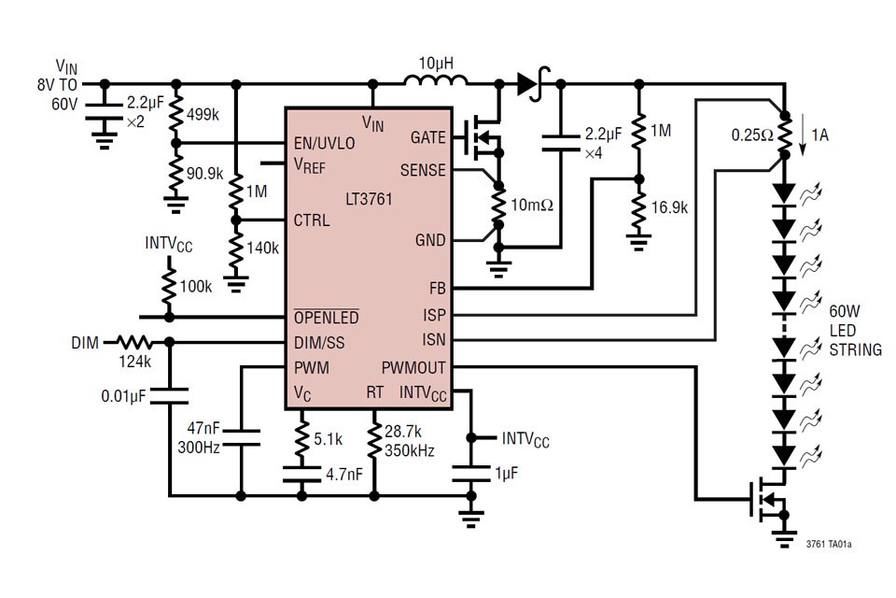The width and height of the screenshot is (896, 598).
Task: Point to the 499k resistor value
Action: click(203, 116)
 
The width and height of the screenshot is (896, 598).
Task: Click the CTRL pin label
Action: click(312, 221)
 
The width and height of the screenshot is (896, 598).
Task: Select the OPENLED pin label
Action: click(326, 318)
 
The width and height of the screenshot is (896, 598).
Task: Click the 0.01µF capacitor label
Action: click(125, 396)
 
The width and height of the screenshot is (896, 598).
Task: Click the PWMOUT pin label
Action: click(413, 367)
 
